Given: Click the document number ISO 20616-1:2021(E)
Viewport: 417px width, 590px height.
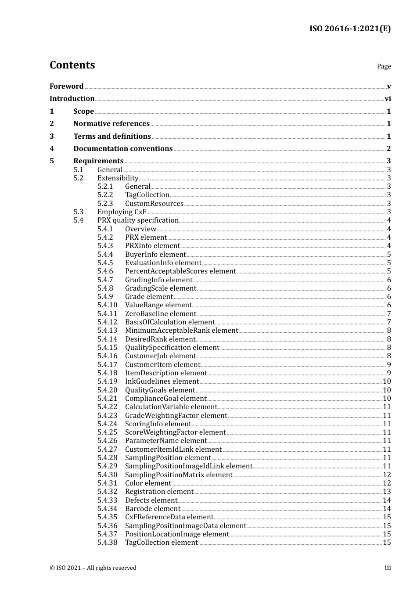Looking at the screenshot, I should tap(350, 29).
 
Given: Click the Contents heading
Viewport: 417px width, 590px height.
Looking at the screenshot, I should tap(72, 65).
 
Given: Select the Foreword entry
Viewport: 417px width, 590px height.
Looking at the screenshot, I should tap(66, 86).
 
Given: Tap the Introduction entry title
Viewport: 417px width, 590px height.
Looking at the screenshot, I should tap(72, 99).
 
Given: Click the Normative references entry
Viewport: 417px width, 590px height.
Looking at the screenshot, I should tap(111, 124).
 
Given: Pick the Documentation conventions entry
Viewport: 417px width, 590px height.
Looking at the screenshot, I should tap(123, 149).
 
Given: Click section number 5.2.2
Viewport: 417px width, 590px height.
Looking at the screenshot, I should tap(105, 195).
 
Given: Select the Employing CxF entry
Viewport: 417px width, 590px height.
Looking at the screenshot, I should tap(122, 212).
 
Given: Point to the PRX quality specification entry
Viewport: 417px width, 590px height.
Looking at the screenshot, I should tap(138, 220).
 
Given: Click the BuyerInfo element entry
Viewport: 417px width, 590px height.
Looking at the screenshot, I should tap(155, 255).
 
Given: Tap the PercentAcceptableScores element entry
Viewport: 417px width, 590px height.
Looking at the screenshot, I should tap(180, 271).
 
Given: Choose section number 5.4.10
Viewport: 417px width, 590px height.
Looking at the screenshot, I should tap(107, 305).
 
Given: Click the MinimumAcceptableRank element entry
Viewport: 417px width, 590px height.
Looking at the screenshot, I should tap(181, 331).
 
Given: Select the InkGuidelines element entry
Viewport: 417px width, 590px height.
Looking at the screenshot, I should tap(162, 381).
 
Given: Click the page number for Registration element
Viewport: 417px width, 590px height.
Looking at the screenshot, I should tap(387, 492).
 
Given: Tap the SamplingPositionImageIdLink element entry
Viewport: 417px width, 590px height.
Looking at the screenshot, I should tap(189, 466).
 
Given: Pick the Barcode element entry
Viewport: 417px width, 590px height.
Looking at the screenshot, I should tap(153, 509).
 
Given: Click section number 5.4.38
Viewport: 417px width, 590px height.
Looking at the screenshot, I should tap(107, 543).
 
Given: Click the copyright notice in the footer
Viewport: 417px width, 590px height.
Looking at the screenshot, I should tap(93, 568).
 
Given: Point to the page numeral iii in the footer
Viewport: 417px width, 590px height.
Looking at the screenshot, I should tap(388, 568).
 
